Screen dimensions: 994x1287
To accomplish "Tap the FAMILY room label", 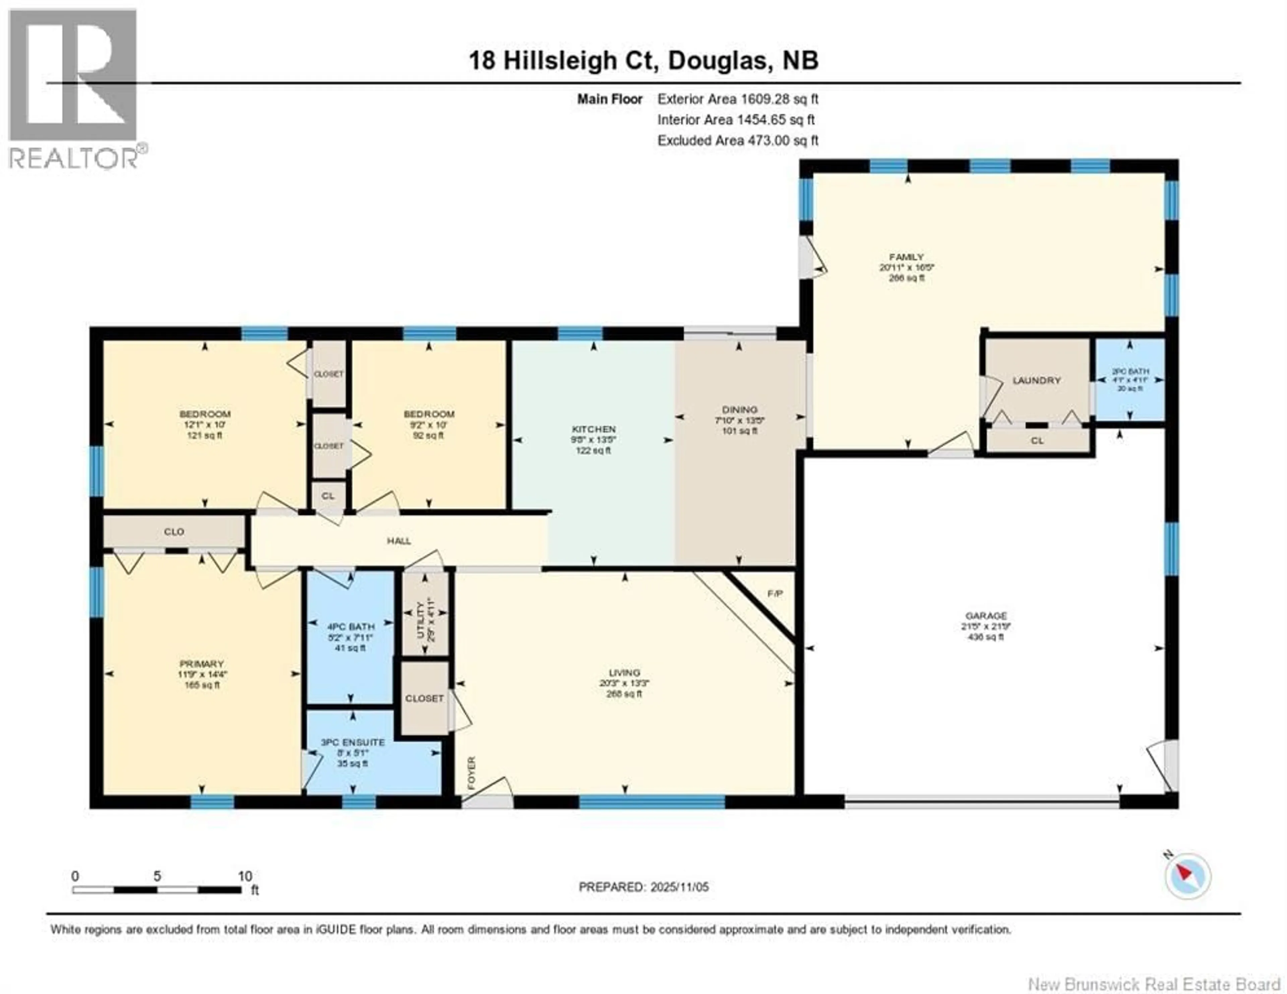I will click(x=906, y=257).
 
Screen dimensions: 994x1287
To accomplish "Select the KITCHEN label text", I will click(x=594, y=429).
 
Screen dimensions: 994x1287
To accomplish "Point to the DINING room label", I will click(x=740, y=409).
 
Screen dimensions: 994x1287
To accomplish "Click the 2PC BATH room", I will click(x=1130, y=380).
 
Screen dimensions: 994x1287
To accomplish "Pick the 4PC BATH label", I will click(x=351, y=627).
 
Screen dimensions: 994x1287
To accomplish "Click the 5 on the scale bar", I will click(x=157, y=876).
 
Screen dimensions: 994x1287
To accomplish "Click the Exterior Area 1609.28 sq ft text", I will click(x=738, y=99).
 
